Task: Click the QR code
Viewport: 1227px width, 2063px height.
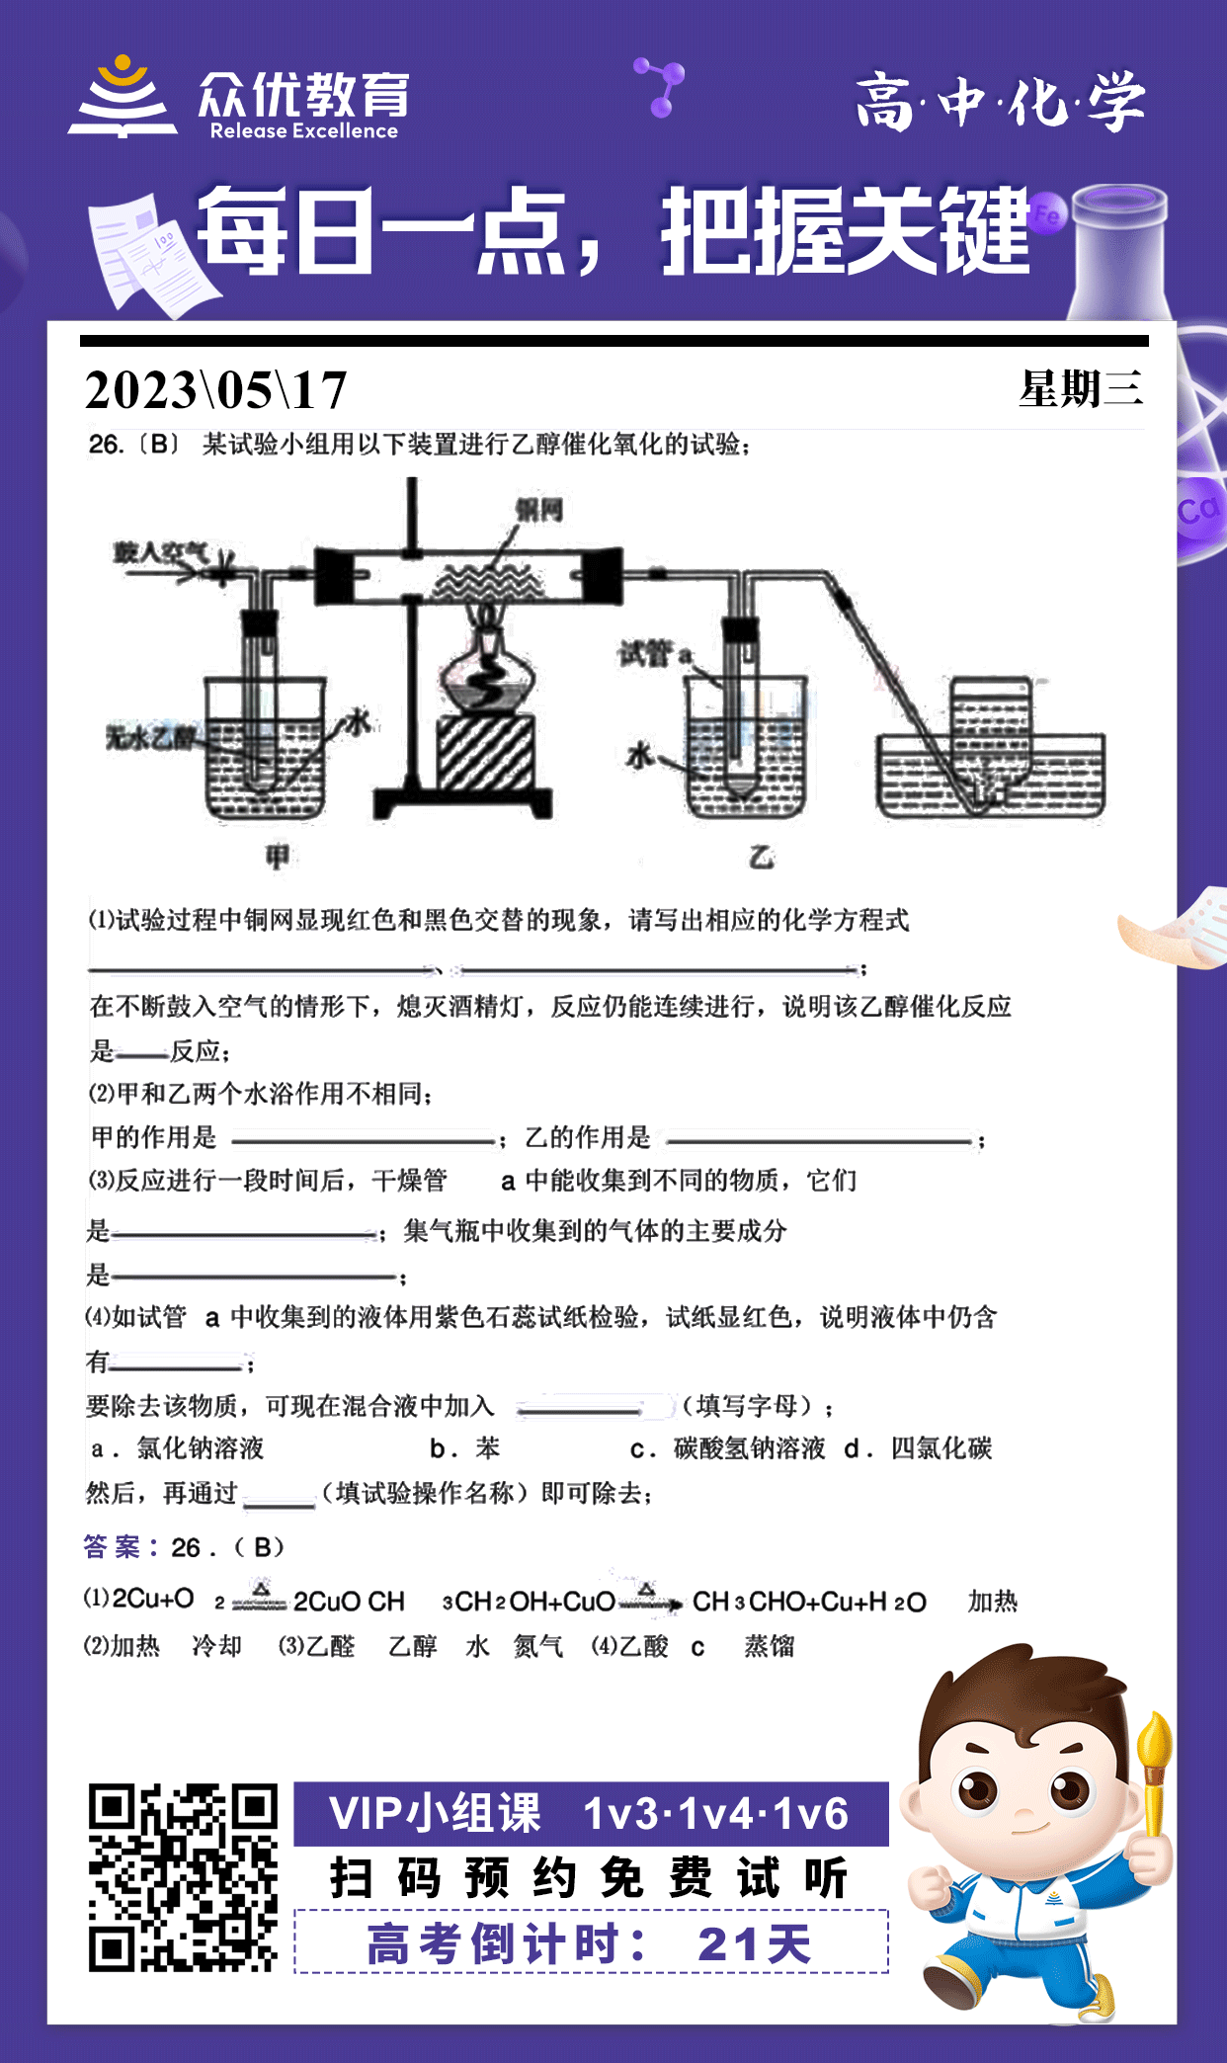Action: [183, 1877]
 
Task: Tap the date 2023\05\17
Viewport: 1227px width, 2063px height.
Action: [216, 389]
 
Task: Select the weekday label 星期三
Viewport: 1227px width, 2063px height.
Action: [1081, 388]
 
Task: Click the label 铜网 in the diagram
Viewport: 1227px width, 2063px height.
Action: [538, 510]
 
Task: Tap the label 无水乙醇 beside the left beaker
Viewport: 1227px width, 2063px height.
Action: [151, 737]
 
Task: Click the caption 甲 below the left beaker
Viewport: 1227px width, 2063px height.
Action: [278, 856]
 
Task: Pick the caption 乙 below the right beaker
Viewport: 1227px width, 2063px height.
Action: [761, 856]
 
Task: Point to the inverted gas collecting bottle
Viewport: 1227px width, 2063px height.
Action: [990, 731]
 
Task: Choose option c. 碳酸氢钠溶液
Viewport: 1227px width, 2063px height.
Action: [728, 1448]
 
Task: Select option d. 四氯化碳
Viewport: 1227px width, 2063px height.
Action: [918, 1448]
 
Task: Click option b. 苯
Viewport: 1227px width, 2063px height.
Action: [465, 1448]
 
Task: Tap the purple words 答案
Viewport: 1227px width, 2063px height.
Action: [113, 1546]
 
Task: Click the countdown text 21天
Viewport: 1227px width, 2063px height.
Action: [755, 1944]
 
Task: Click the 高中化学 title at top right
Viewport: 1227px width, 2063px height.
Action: [1000, 102]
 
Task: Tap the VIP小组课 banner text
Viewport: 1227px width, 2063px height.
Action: [435, 1814]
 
